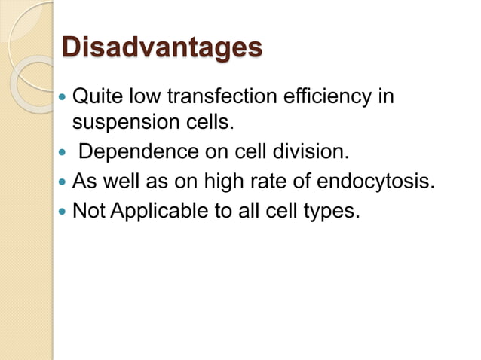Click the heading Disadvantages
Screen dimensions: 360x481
[x=161, y=47]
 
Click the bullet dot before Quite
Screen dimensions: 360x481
[x=63, y=98]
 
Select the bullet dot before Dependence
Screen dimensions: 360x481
[x=63, y=154]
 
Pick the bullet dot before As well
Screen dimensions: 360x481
[x=63, y=183]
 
